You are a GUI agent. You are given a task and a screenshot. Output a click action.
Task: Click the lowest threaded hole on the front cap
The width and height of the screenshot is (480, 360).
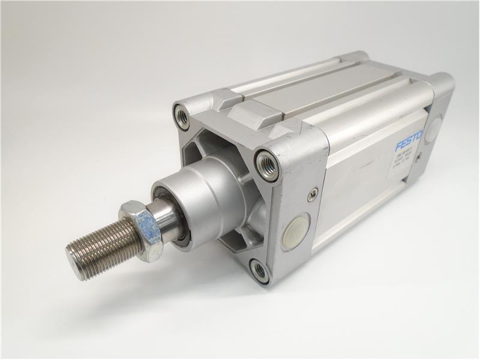pos(260,271)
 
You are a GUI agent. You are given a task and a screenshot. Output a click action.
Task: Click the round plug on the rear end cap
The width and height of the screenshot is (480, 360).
pos(433,130)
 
